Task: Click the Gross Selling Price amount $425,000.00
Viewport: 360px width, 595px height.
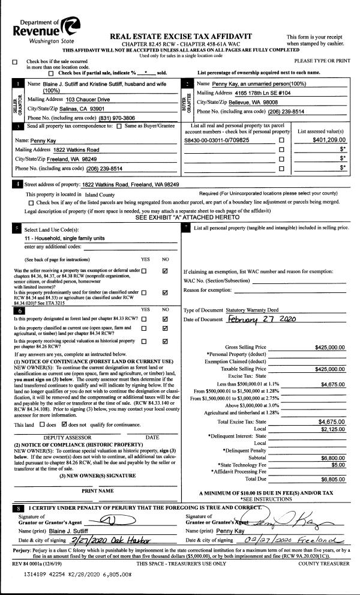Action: pos(329,347)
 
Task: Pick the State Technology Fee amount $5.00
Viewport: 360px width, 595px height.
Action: pos(337,464)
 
